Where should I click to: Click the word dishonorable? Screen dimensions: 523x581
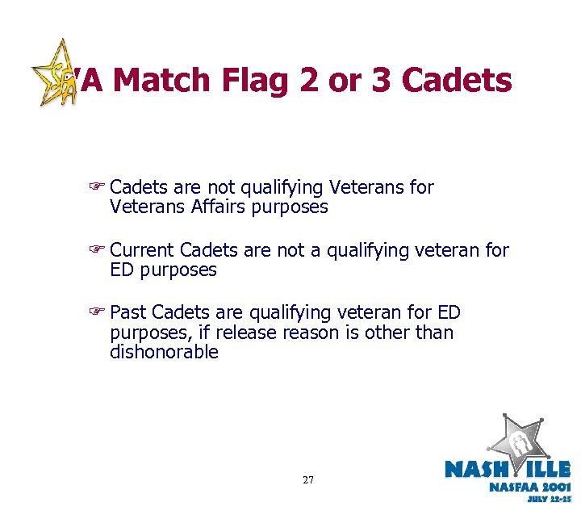coord(164,352)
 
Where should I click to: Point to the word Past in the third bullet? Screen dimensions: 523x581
coord(128,313)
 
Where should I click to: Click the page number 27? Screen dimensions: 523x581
coord(308,480)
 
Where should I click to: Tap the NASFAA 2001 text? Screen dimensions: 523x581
coord(529,487)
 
